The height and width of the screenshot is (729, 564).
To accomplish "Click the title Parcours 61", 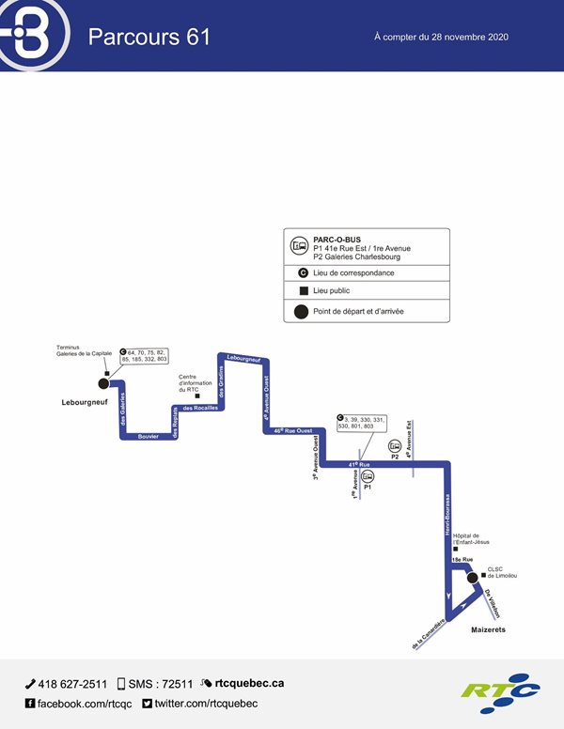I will (x=149, y=37).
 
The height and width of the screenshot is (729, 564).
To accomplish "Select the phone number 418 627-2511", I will (x=71, y=684).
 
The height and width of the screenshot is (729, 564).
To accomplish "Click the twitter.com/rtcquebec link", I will (x=205, y=704).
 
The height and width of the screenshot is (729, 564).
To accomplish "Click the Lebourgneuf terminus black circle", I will (x=103, y=383).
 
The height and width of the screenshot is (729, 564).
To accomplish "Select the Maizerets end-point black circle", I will (x=474, y=579).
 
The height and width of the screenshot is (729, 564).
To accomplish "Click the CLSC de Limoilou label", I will (x=502, y=571).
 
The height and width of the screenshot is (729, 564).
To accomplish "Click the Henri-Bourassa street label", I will (x=448, y=516).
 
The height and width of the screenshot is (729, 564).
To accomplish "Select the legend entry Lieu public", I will (x=338, y=291).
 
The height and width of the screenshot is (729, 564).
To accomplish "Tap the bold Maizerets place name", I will (x=488, y=630).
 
